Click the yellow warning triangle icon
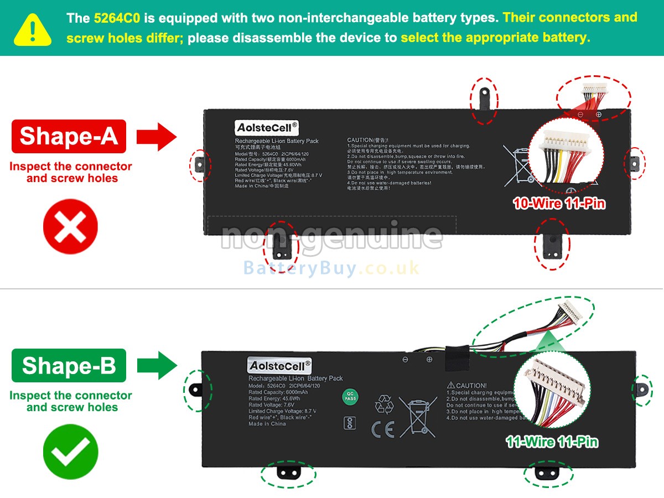point(33,29)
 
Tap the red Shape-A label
point(69,136)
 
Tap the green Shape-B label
point(69,366)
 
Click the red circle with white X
point(70,227)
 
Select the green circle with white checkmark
point(70,452)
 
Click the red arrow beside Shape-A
point(156,136)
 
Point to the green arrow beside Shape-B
point(156,366)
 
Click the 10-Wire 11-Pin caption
point(559,204)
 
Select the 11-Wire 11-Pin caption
point(552,442)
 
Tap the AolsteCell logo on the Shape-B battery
point(280,366)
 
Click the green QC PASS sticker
point(349,397)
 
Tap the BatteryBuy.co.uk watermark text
point(331,268)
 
